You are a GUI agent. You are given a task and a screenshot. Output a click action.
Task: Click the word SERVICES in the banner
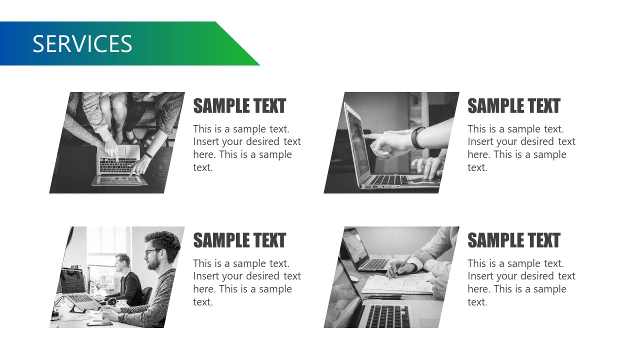point(82,44)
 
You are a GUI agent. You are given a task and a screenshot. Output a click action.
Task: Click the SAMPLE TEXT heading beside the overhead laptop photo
point(239,106)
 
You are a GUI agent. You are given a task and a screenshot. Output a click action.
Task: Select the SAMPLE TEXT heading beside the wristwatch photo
point(513,106)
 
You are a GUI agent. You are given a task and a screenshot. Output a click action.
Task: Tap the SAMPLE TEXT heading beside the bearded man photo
point(239,240)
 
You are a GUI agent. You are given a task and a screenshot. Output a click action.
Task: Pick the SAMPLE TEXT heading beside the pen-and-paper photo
point(513,240)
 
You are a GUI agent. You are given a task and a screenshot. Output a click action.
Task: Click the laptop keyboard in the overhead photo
point(118,165)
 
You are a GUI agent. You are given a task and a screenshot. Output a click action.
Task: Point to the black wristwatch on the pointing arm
point(418,137)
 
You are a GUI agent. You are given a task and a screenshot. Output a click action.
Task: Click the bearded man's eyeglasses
point(153,252)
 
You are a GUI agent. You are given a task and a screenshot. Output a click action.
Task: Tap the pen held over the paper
point(400,266)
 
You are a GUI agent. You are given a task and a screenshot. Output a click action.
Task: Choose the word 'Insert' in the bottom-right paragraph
point(481,276)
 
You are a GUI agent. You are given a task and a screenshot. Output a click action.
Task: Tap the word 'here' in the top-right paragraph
point(478,155)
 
